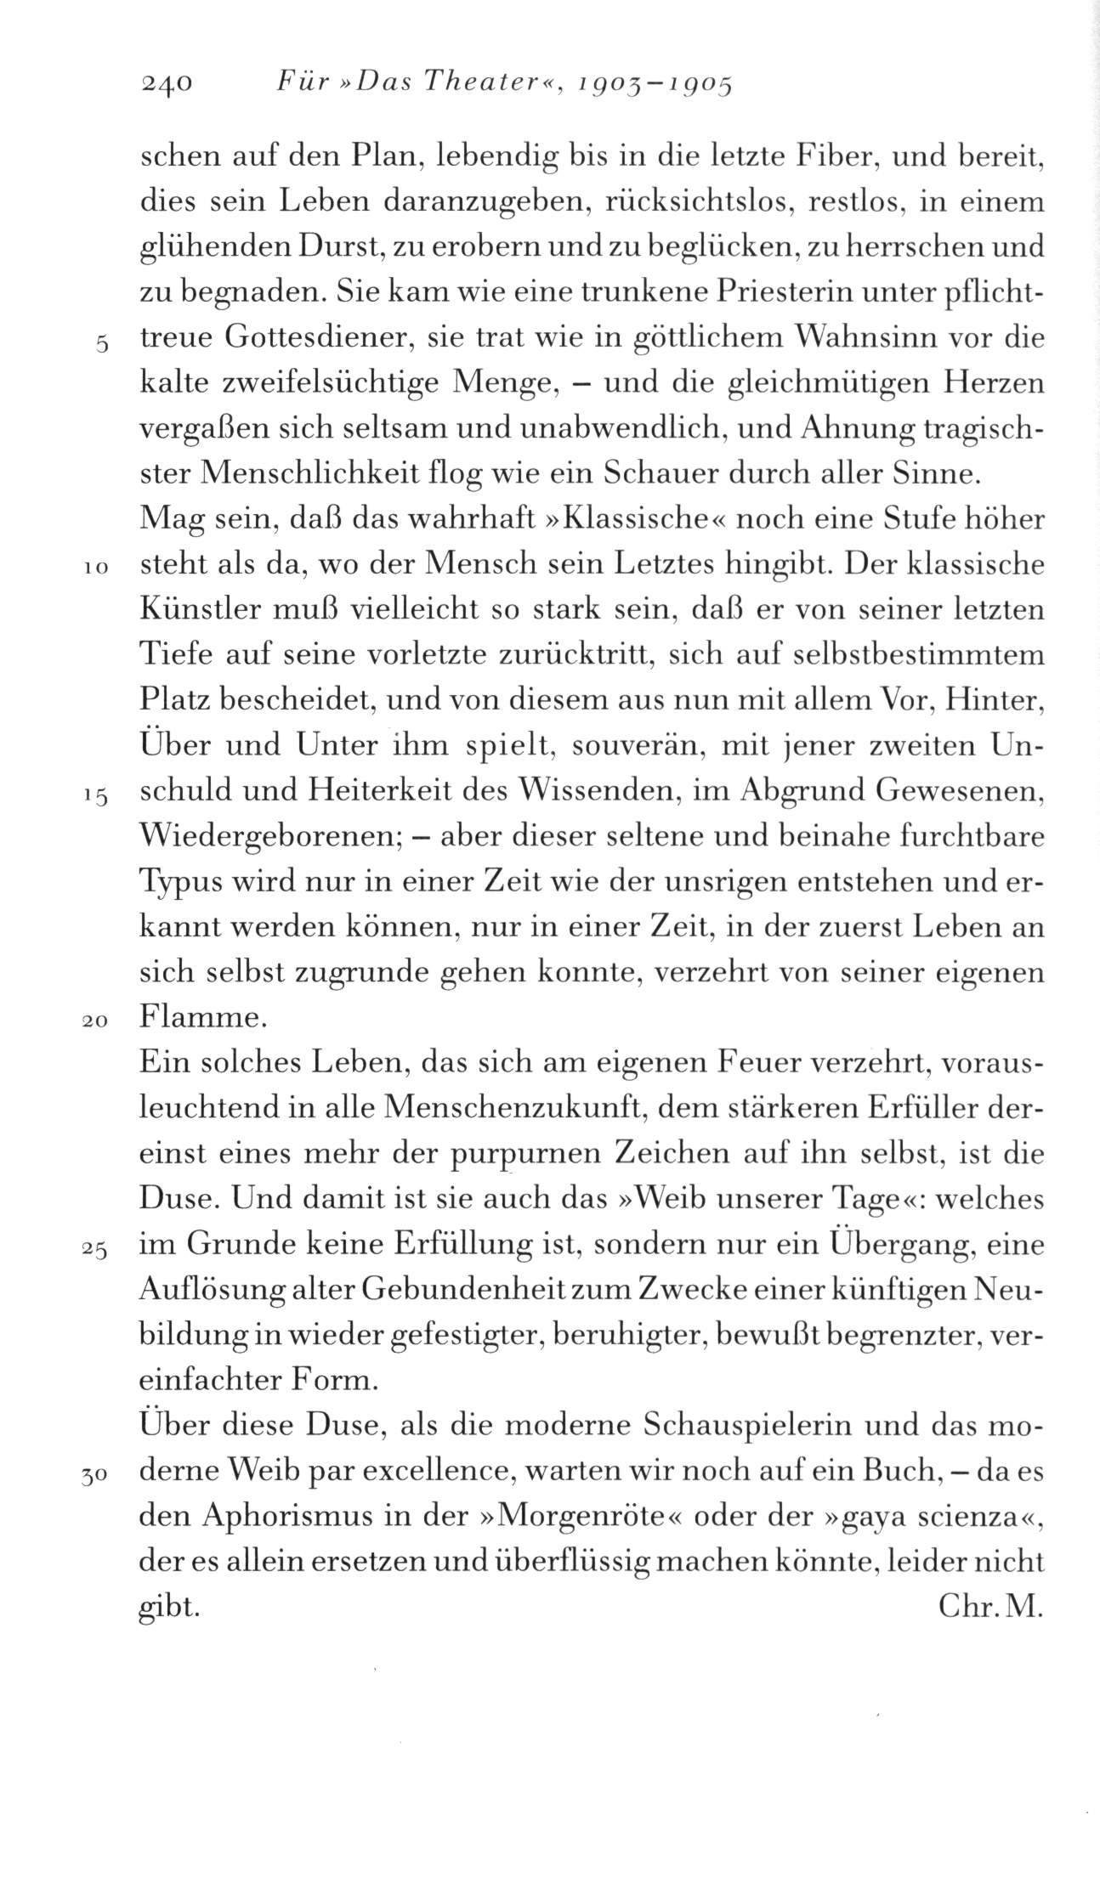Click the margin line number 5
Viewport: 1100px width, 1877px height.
[102, 345]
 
